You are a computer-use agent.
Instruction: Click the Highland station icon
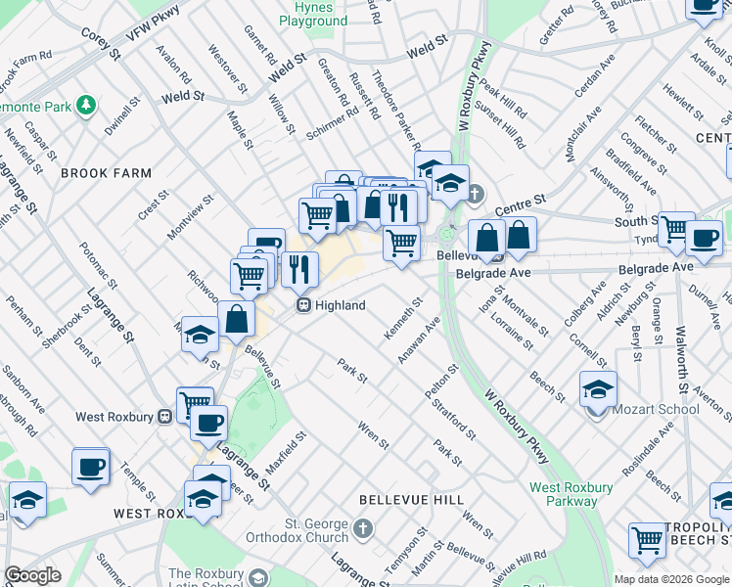[304, 305]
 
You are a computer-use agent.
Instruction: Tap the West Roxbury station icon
[164, 417]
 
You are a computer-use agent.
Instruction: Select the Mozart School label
[654, 409]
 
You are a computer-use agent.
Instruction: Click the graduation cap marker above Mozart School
[598, 390]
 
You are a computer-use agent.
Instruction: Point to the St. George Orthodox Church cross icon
[363, 529]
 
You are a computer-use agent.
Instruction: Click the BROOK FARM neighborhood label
[106, 173]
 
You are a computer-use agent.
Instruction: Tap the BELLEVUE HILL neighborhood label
[411, 499]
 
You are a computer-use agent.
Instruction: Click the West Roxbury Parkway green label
[572, 494]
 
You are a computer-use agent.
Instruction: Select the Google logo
[32, 575]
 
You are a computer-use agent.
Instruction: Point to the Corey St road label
[101, 43]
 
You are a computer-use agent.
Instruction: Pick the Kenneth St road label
[403, 320]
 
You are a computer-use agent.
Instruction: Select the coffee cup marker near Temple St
[91, 467]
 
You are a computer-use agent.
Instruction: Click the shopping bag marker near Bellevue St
[237, 318]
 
